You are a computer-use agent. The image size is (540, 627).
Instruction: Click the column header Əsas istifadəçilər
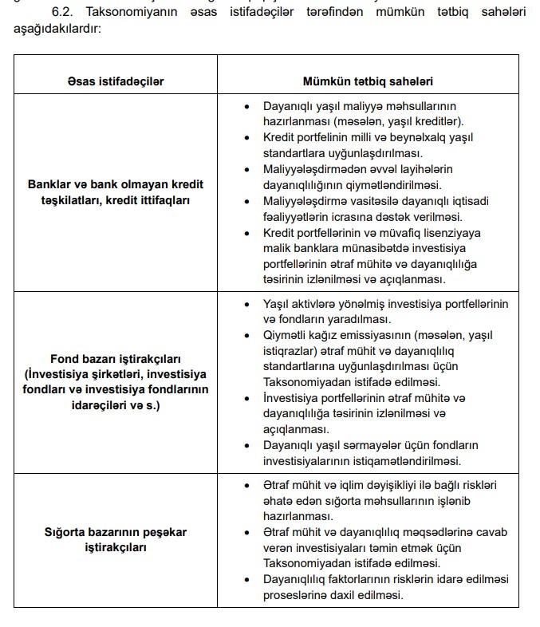point(116,81)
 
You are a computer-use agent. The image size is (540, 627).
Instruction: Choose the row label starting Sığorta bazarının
point(116,539)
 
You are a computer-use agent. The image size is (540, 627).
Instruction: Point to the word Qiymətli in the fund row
point(285,336)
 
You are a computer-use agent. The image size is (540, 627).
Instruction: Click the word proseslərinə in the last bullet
point(298,595)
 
